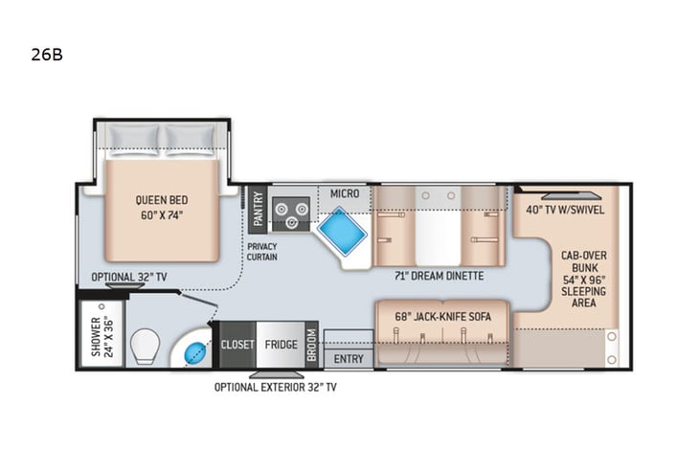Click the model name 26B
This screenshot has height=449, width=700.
(46, 54)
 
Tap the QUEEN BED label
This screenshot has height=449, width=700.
(159, 207)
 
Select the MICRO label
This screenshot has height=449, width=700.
(344, 194)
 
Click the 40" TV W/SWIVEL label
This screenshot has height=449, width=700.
(565, 210)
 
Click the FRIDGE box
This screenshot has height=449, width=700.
(280, 345)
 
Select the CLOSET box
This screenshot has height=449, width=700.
(238, 345)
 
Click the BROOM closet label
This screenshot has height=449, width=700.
(311, 345)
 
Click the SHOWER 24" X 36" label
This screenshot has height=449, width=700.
(100, 335)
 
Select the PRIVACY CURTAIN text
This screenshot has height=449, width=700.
(261, 252)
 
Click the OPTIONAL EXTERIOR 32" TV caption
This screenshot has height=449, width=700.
(275, 387)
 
